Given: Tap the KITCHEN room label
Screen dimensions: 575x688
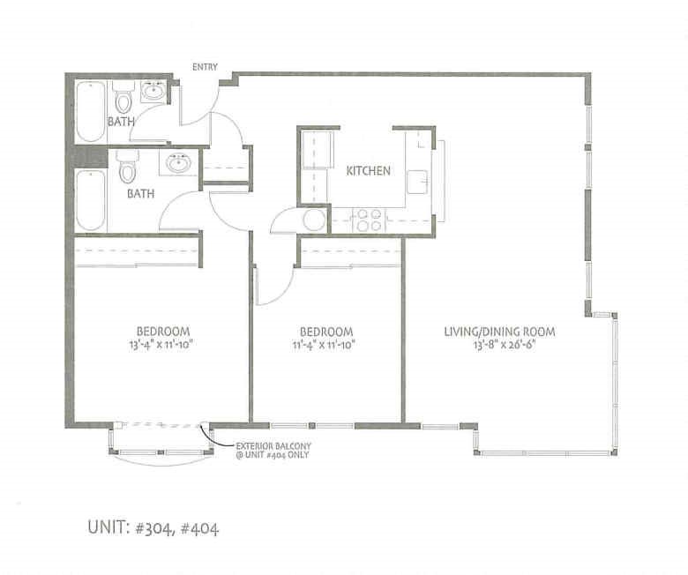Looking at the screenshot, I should click(368, 171).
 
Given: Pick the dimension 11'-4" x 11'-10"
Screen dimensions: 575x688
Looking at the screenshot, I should click(325, 346).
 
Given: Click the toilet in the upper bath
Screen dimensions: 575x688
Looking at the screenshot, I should click(123, 96).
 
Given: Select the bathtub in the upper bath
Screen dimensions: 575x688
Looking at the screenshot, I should click(90, 111).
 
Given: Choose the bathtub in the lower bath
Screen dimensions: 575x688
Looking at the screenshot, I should click(90, 199).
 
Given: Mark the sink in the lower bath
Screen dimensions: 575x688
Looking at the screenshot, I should click(179, 163).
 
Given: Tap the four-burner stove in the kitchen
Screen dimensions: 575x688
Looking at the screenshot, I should click(368, 220).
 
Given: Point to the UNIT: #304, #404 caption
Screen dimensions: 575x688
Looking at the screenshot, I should click(153, 529).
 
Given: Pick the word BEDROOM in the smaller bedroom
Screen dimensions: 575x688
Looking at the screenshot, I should click(325, 332).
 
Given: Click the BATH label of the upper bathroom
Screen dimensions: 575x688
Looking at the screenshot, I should click(121, 121).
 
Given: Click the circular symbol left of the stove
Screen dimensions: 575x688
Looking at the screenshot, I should click(314, 220).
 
